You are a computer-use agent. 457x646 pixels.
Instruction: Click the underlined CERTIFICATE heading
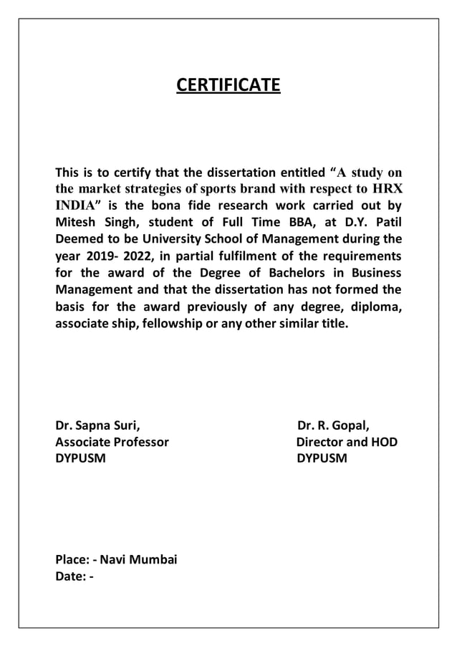pyautogui.click(x=228, y=87)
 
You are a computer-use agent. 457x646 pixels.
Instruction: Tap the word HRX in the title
pyautogui.click(x=386, y=189)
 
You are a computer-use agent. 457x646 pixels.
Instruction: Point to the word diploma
pyautogui.click(x=377, y=307)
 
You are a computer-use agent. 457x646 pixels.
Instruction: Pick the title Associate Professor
pyautogui.click(x=112, y=442)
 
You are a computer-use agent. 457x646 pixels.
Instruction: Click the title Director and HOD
pyautogui.click(x=347, y=442)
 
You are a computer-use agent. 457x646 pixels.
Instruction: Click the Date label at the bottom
pyautogui.click(x=71, y=577)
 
